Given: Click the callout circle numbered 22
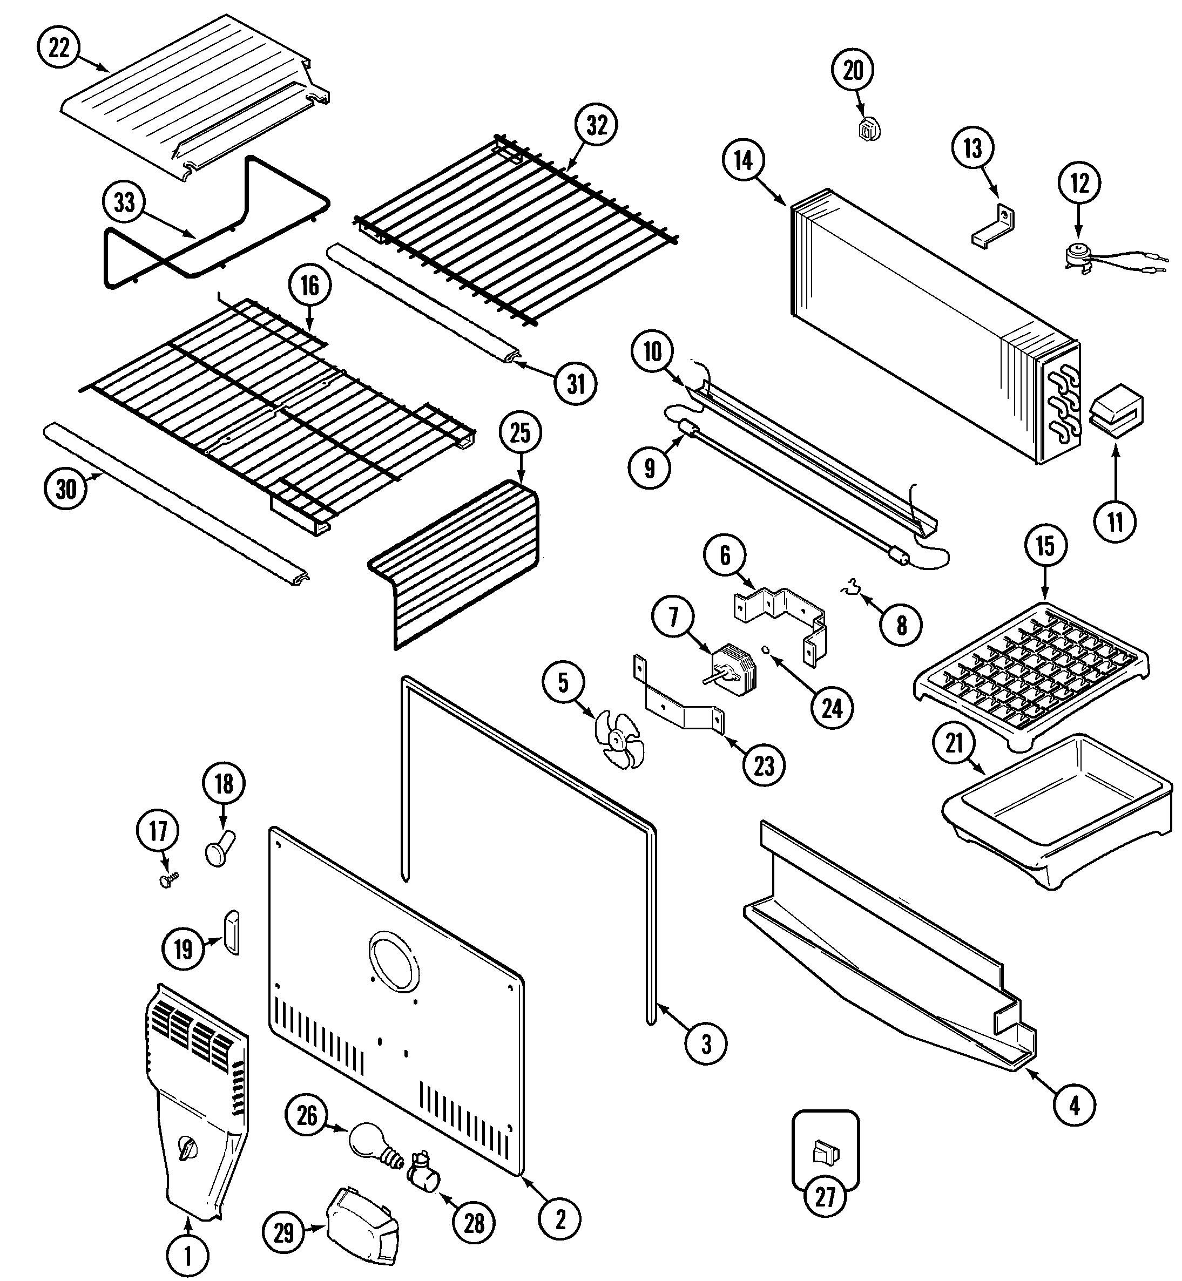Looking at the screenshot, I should tap(59, 49).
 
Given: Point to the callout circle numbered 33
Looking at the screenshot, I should tap(124, 203).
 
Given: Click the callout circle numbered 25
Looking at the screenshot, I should tap(520, 433).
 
